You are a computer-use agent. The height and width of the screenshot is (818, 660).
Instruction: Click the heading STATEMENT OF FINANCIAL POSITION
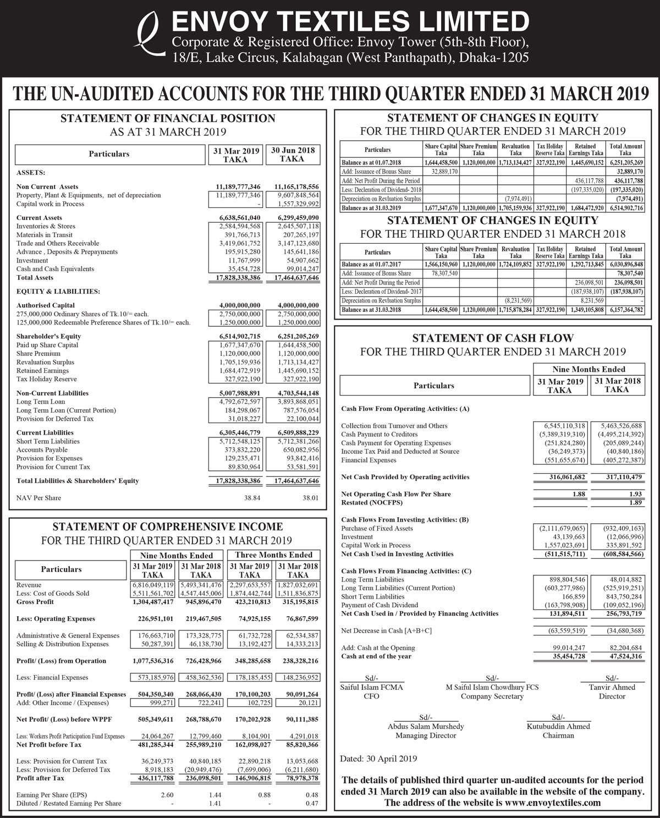click(167, 118)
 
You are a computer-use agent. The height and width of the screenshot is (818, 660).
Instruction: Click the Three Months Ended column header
click(273, 555)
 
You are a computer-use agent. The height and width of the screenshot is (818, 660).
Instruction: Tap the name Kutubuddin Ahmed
click(558, 726)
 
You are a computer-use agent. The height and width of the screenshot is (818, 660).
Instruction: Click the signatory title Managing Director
click(426, 735)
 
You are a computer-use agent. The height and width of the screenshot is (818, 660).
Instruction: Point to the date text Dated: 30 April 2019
click(379, 759)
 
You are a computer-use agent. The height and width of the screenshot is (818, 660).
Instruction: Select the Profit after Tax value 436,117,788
click(152, 778)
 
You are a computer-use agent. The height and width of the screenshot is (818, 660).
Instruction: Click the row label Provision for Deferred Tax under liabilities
click(54, 419)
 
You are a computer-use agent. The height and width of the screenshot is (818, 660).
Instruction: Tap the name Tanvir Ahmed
click(612, 687)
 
